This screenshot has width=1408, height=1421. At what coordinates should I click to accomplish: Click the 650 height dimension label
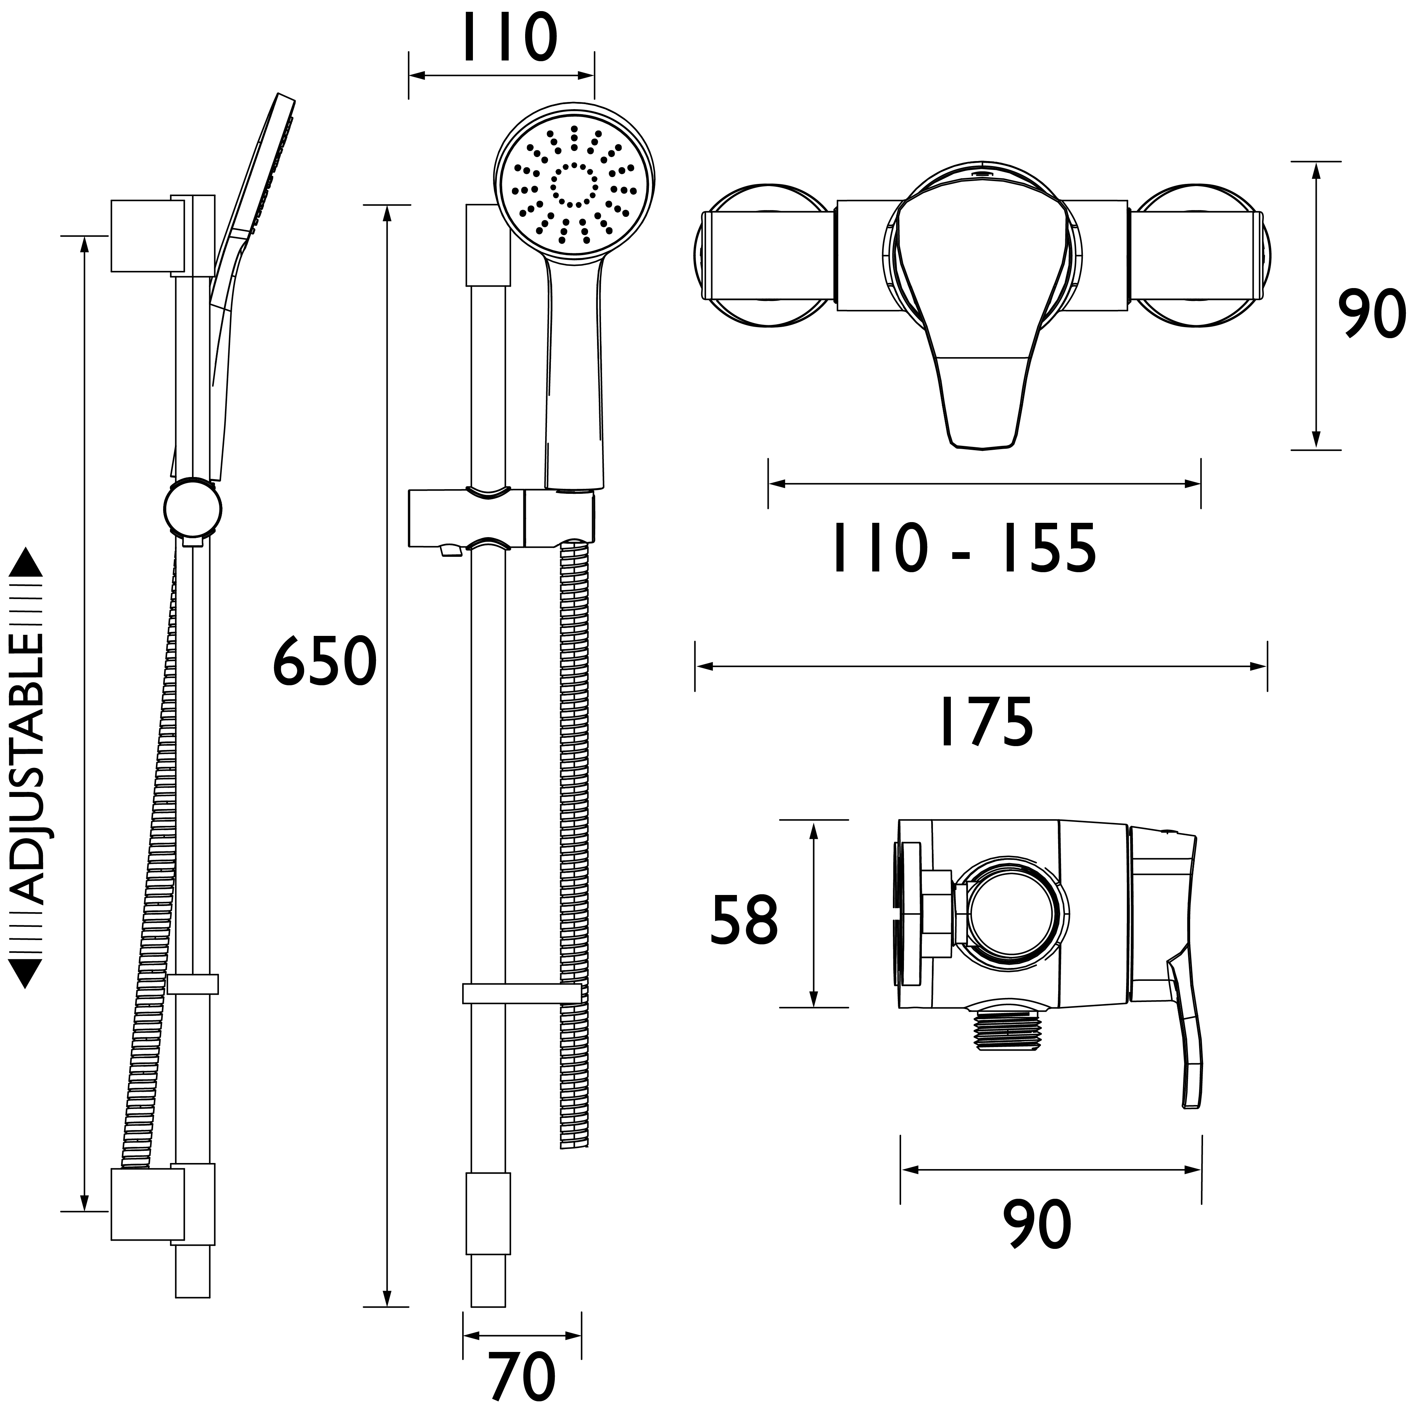pos(324,663)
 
